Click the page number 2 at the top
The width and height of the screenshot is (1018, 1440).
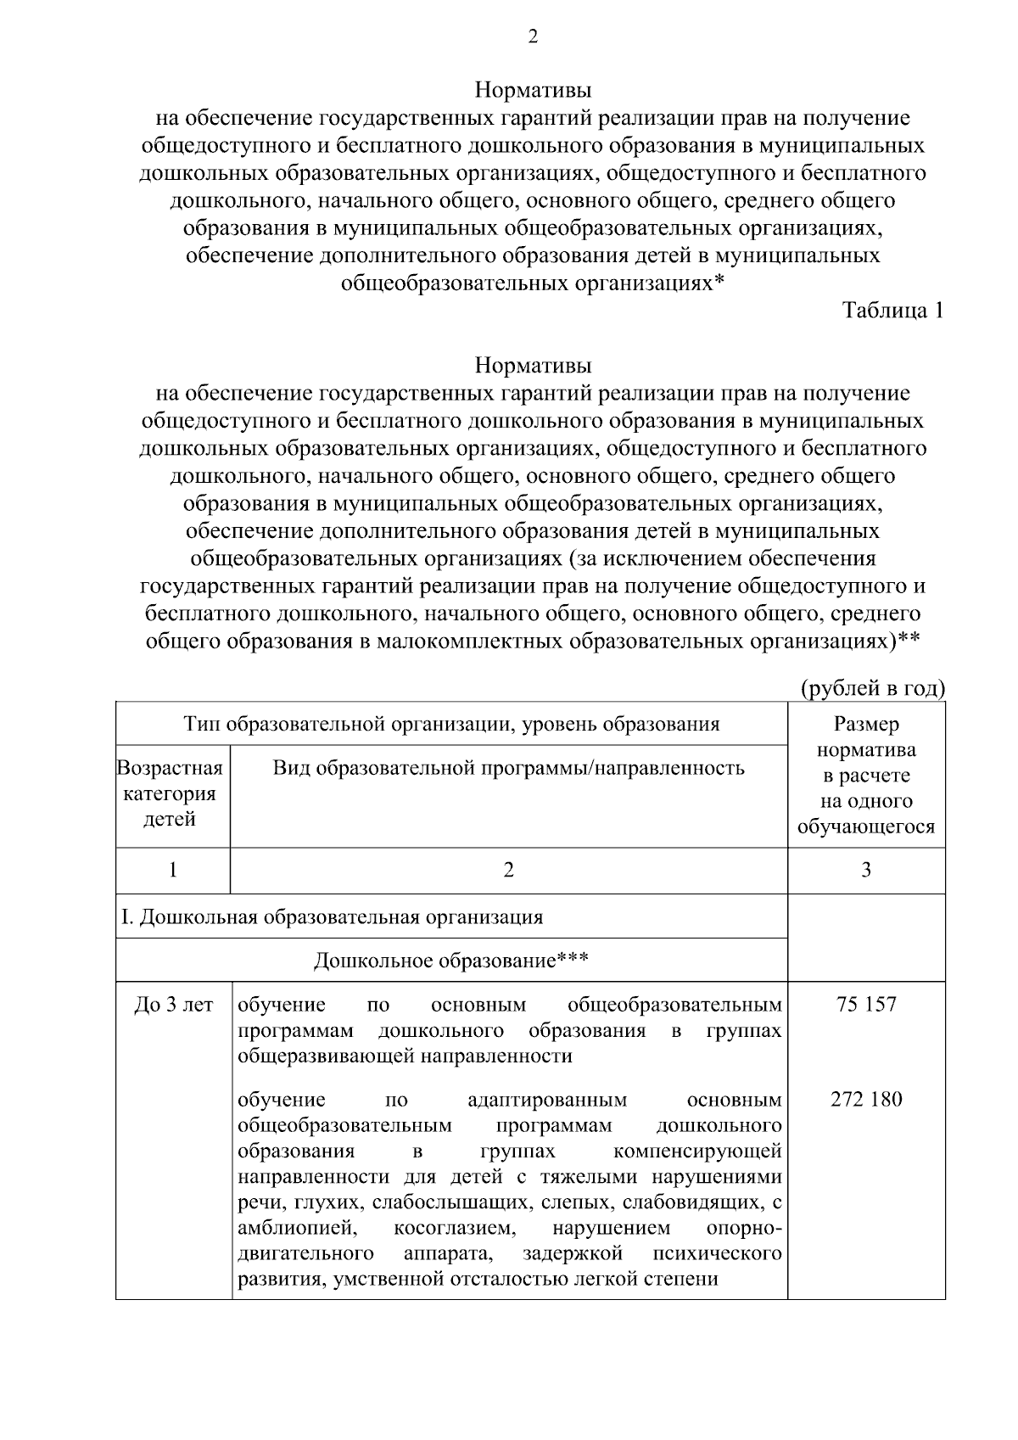tap(532, 36)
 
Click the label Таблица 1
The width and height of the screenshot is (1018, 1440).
tap(892, 311)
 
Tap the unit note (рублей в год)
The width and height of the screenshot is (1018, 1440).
tap(873, 688)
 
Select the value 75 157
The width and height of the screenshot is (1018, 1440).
tap(866, 1005)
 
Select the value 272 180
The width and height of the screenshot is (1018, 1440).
tap(866, 1100)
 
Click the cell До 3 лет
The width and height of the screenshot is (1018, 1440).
tap(174, 1005)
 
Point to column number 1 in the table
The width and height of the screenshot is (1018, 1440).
tap(173, 870)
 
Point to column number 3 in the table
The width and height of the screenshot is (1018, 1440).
tap(866, 870)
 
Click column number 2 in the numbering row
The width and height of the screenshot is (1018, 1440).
tap(508, 870)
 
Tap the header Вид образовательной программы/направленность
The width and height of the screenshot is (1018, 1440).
tap(508, 768)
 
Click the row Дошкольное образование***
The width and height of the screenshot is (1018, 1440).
tap(451, 961)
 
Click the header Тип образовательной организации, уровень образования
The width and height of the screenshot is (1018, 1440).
tap(451, 724)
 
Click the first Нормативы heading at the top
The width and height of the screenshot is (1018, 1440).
tap(532, 90)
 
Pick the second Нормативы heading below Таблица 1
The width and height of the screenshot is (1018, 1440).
tap(532, 366)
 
